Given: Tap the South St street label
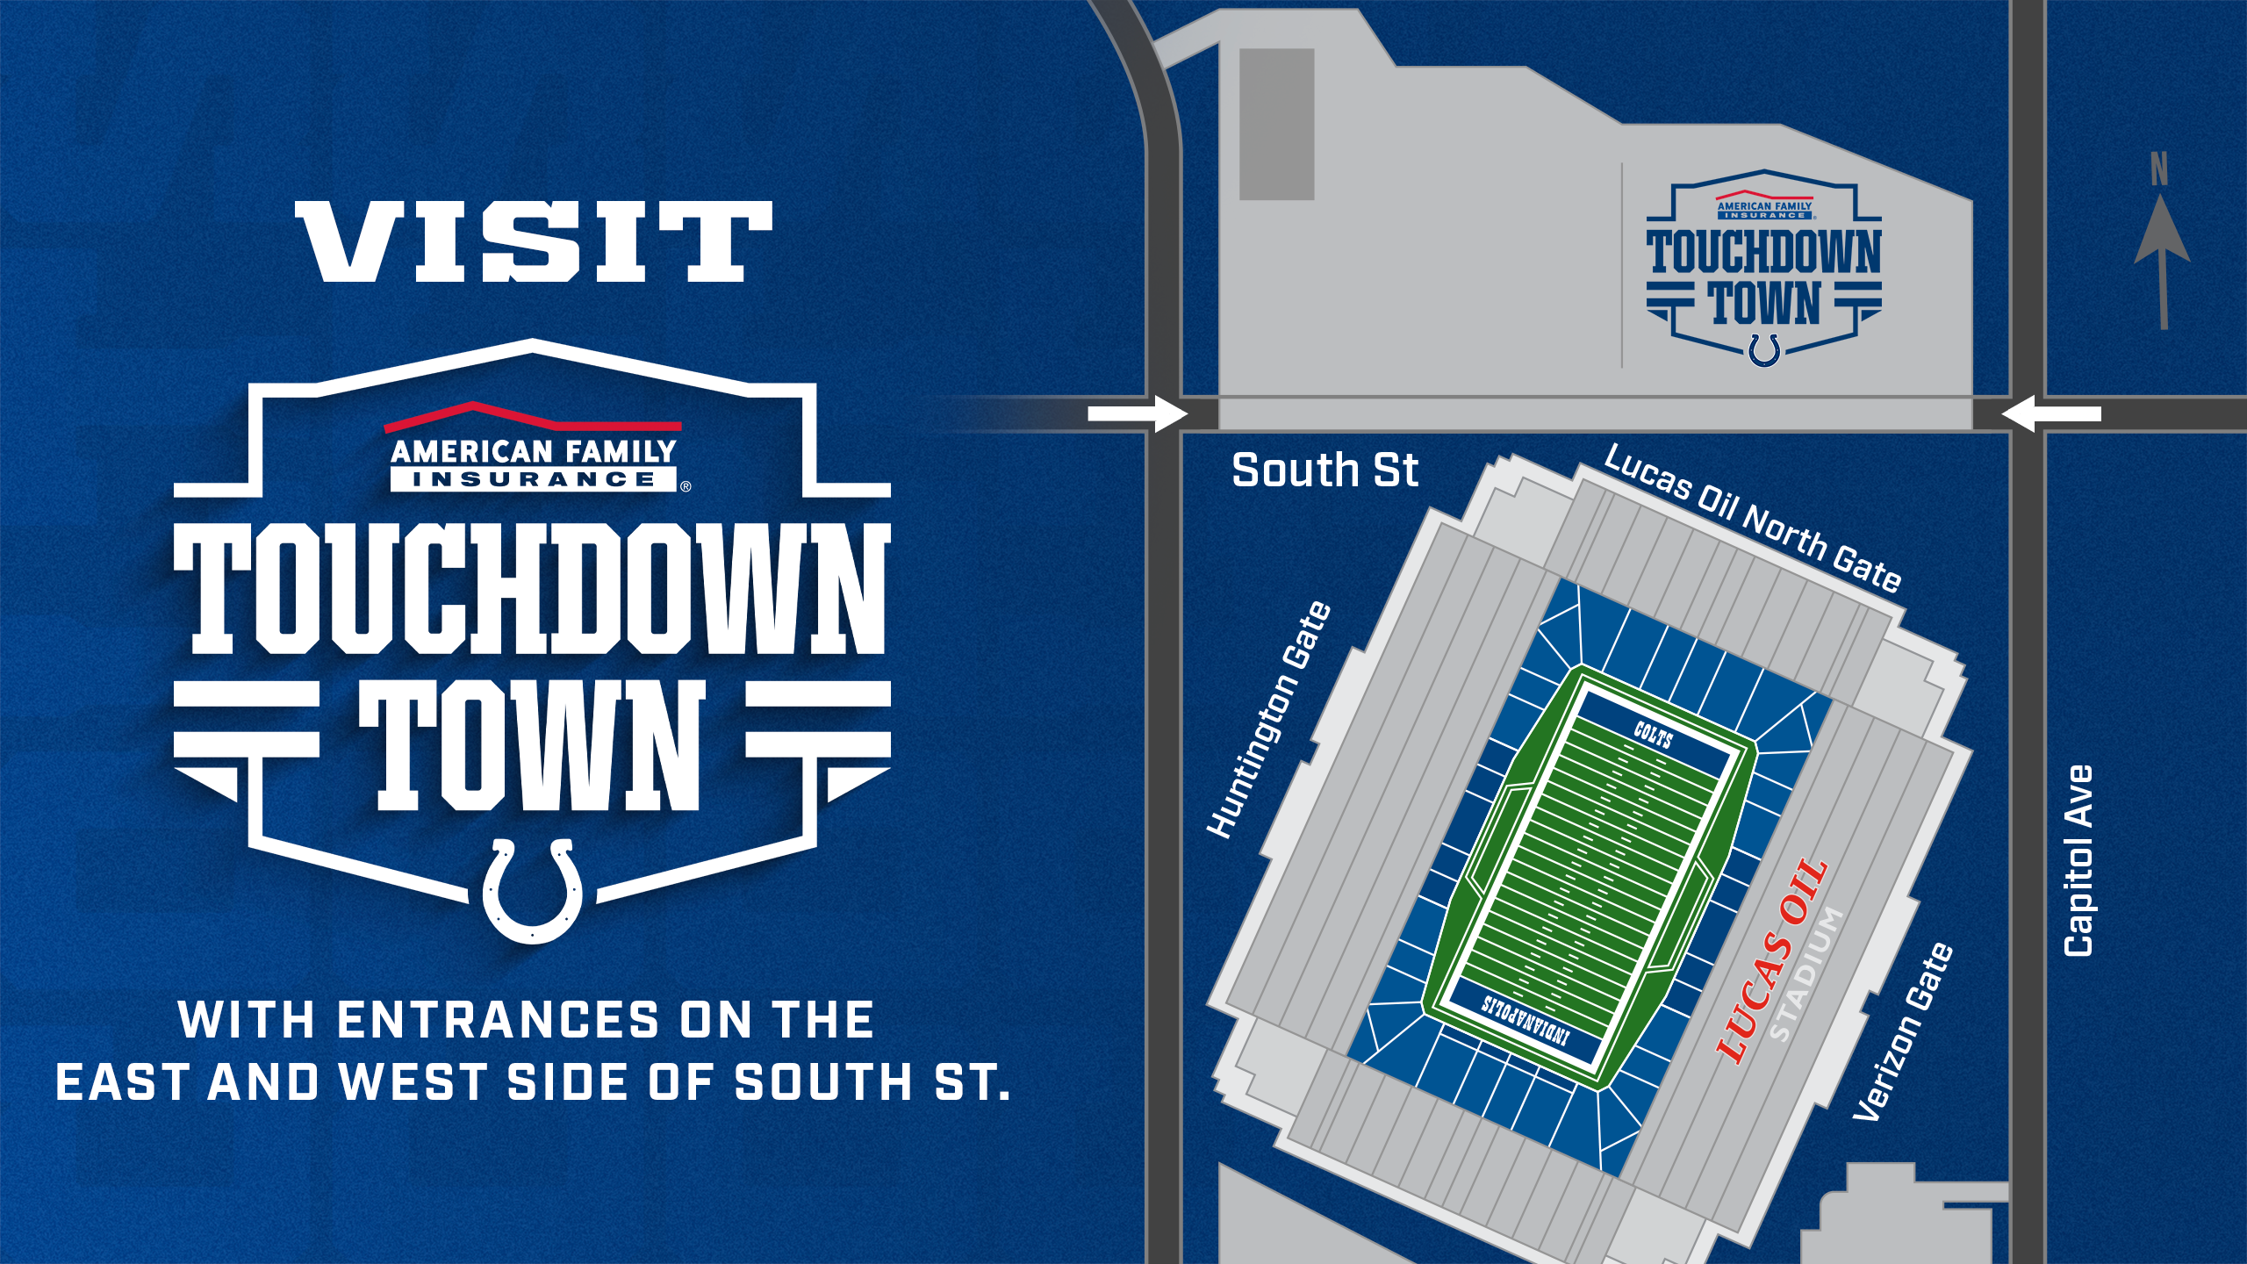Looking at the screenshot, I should coord(1324,470).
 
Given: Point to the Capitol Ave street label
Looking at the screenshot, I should coord(2079,861).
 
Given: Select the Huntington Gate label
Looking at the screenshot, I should coord(1269,720).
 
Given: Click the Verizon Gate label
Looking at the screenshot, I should coord(1903,1032).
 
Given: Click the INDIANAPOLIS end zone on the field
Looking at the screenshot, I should coord(1526,1019).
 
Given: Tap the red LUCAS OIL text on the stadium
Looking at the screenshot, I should coord(1771,960).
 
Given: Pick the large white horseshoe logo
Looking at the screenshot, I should coord(532,891).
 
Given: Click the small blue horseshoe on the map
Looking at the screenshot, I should coord(1764,348).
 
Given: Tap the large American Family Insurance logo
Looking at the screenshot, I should coord(534,449).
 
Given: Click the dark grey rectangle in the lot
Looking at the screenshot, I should coord(1276,125).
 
